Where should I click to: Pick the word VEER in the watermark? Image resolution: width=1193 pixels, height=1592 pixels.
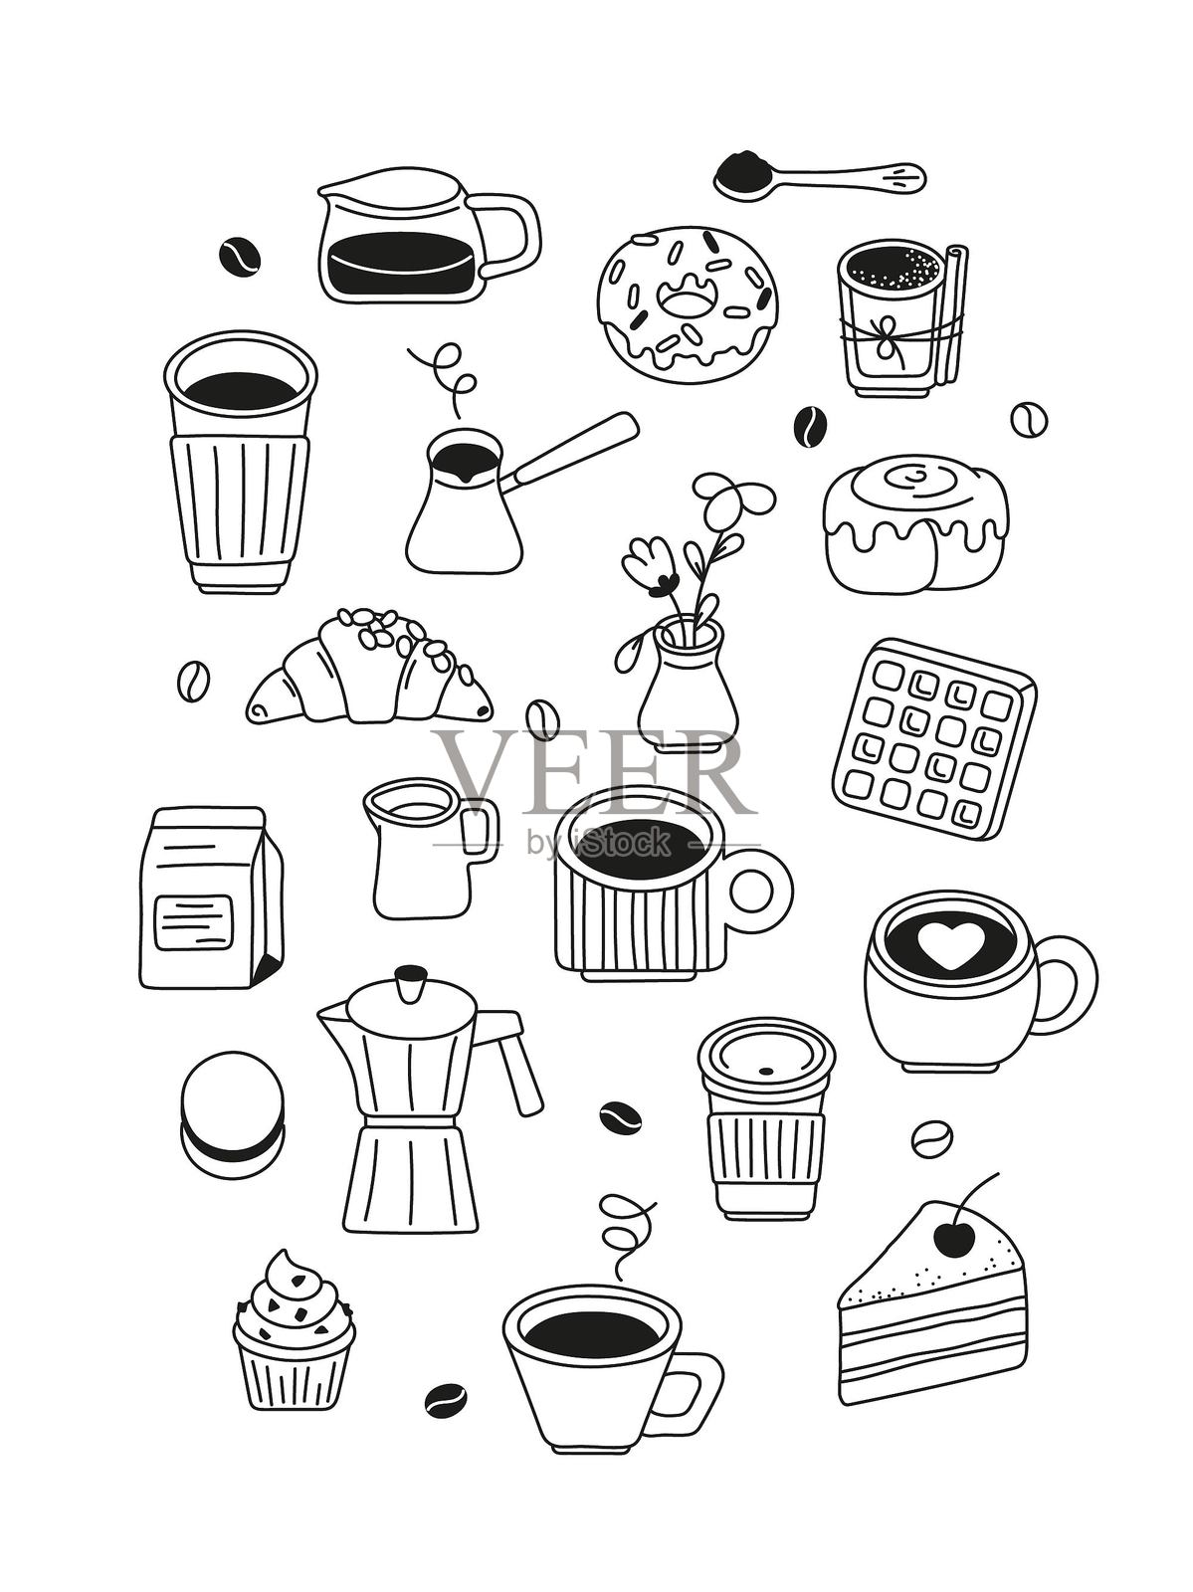click(591, 770)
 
